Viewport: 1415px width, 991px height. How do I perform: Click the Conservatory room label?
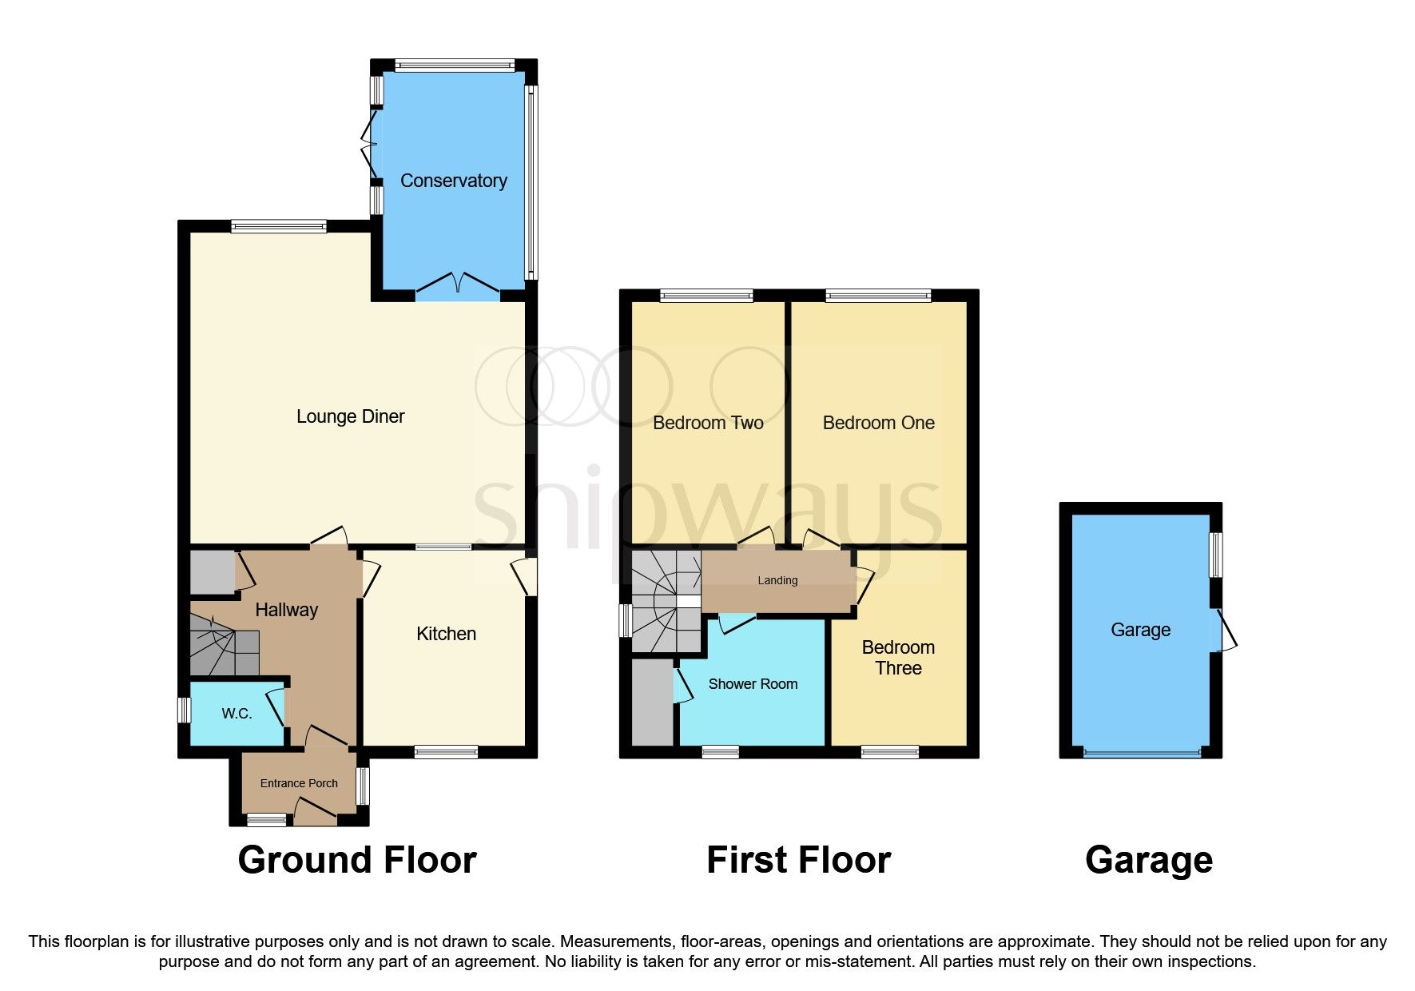453,181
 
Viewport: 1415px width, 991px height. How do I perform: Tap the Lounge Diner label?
350,416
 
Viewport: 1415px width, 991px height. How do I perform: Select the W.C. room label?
236,714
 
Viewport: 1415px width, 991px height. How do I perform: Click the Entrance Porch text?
299,783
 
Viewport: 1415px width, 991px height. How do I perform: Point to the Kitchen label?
446,634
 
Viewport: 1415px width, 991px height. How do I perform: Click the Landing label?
777,580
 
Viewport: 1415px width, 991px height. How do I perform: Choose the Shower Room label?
753,684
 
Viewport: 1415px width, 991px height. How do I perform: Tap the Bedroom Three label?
898,658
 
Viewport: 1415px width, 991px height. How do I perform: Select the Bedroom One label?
878,423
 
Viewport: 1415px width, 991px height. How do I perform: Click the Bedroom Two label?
708,423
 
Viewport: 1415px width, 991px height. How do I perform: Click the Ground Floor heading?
357,860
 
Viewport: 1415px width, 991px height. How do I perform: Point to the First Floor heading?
798,860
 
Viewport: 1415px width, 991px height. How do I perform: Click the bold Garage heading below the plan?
1148,860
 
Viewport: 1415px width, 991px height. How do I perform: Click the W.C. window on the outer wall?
184,710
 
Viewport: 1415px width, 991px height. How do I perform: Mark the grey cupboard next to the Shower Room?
653,702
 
